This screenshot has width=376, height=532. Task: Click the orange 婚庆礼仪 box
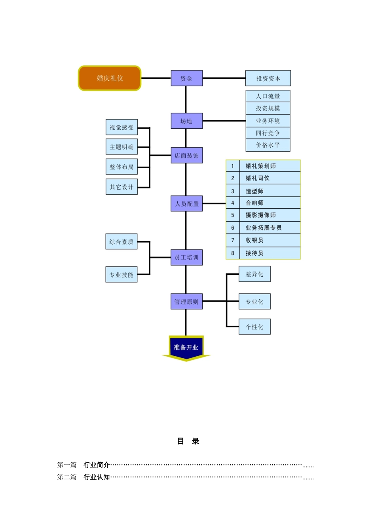(110, 78)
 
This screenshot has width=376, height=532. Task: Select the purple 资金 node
(186, 78)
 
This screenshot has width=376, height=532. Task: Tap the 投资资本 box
(268, 78)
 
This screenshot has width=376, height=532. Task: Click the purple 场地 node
(186, 121)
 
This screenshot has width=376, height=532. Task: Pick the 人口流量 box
(268, 96)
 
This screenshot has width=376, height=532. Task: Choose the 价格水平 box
(268, 145)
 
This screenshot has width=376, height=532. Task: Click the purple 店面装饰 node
(186, 156)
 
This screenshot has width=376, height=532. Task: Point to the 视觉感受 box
(122, 127)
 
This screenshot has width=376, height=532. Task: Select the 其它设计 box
(122, 187)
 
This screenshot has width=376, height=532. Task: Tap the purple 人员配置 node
(186, 204)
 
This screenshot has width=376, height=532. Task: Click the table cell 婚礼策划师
(261, 166)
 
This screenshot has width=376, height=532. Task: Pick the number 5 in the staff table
(233, 215)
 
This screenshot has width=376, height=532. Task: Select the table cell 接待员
(254, 253)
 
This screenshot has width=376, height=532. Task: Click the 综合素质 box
(122, 242)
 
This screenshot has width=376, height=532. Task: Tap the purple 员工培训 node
(186, 257)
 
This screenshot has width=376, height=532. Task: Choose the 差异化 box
(254, 274)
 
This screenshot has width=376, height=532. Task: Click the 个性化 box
(254, 327)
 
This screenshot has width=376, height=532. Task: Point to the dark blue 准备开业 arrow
(186, 348)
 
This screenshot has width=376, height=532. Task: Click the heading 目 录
(188, 441)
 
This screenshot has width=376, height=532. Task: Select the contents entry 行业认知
(97, 477)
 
